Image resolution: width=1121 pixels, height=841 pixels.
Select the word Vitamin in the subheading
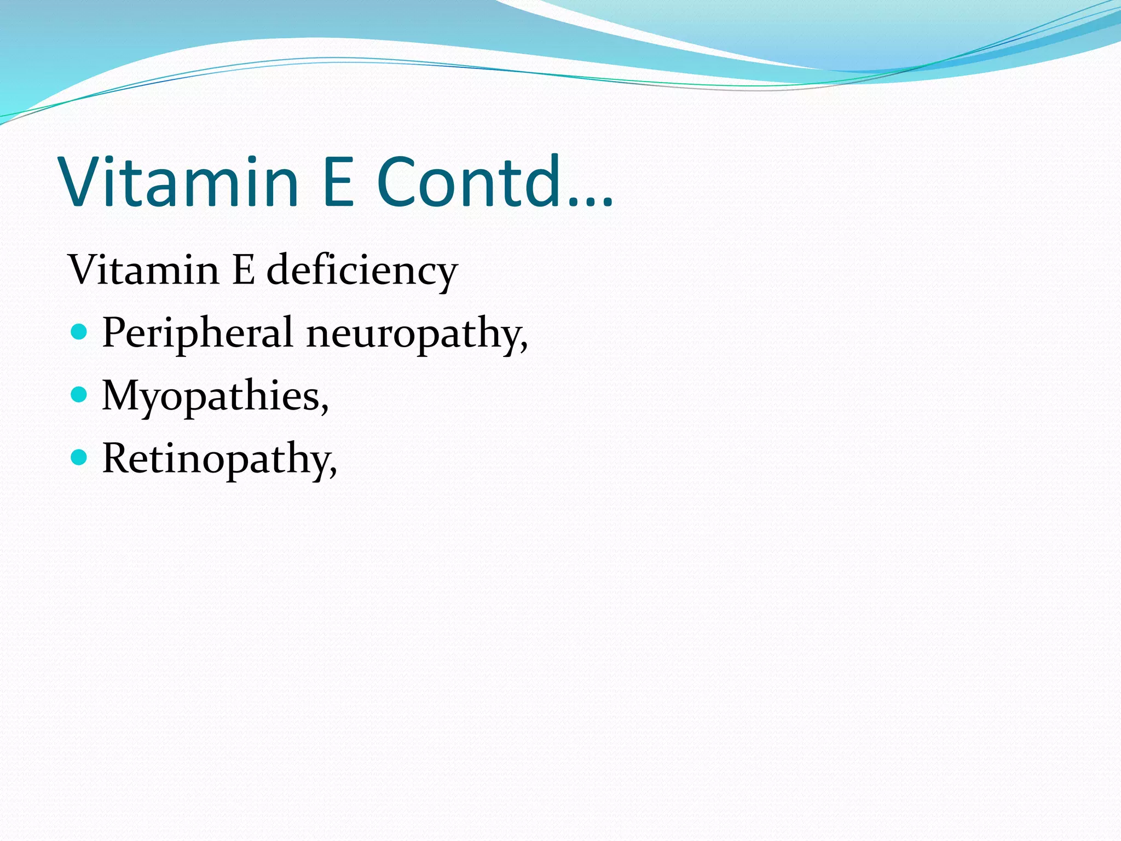point(143,270)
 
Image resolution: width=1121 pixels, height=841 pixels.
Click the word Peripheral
point(197,333)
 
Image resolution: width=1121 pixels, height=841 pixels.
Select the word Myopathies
point(211,396)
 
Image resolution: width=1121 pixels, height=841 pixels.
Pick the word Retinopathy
point(216,459)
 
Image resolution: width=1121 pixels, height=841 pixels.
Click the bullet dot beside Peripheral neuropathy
point(79,331)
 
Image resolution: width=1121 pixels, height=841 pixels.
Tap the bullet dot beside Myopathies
point(79,394)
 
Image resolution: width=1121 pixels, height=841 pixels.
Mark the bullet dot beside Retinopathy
point(79,457)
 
